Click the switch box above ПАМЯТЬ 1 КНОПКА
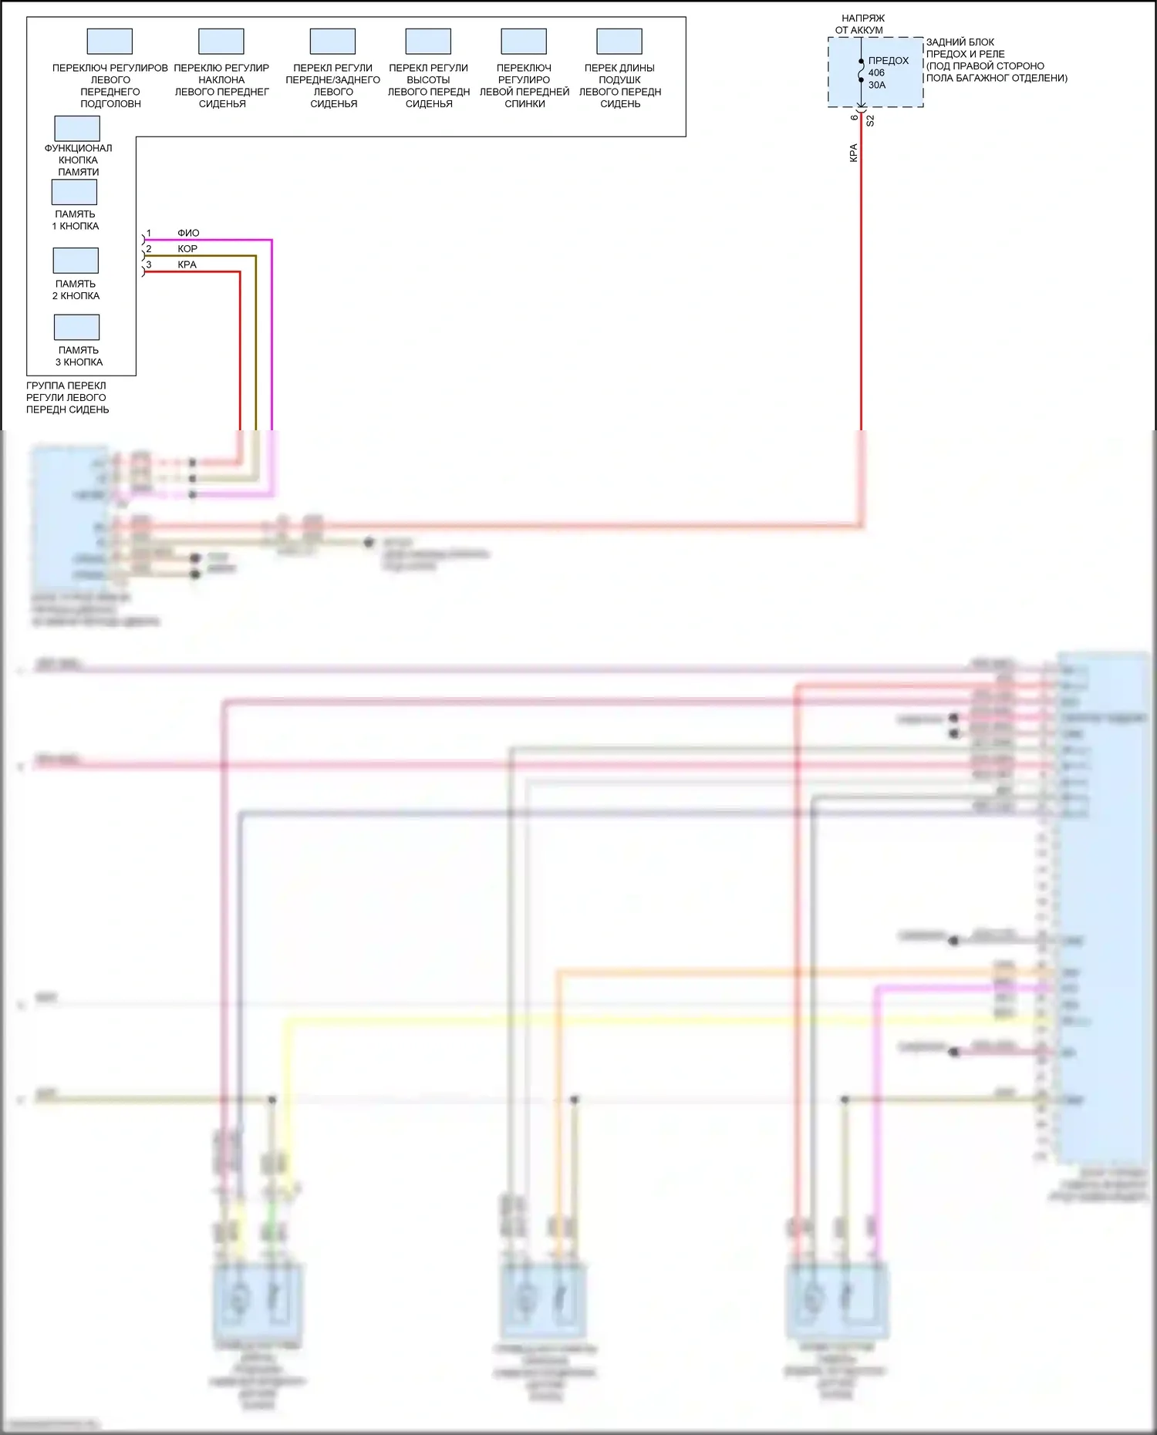tap(75, 192)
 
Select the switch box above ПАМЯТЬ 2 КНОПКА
tap(76, 261)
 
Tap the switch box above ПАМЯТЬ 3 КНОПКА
tap(76, 328)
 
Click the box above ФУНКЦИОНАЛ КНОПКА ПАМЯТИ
tap(77, 129)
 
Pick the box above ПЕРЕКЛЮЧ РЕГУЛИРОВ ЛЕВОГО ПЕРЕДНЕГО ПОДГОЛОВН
tap(110, 42)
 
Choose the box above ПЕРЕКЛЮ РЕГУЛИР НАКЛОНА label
tap(221, 42)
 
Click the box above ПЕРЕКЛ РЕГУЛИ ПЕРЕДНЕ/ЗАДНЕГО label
tap(332, 42)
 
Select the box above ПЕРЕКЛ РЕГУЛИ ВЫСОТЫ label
tap(428, 42)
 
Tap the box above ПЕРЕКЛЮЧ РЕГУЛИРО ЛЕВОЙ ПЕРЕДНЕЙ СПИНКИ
tap(524, 42)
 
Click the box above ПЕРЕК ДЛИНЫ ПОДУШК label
tap(619, 42)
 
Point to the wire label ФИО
tap(188, 233)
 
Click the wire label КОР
tap(187, 249)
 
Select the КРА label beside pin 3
tap(187, 264)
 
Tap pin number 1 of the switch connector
tap(149, 233)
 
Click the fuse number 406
tap(877, 73)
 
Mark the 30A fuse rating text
tap(877, 86)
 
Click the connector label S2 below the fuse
tap(870, 121)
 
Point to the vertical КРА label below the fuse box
tap(853, 153)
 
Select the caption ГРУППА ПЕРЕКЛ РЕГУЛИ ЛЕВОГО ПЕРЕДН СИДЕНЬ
tap(67, 398)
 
